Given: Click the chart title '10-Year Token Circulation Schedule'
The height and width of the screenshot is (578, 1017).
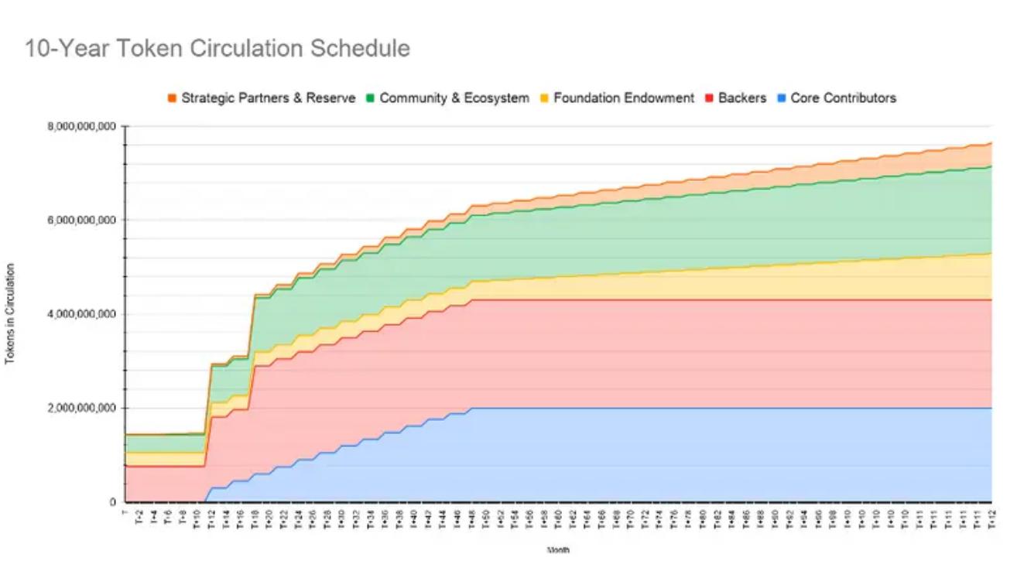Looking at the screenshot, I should click(217, 49).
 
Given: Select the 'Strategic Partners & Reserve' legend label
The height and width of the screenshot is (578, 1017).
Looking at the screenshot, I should click(268, 98).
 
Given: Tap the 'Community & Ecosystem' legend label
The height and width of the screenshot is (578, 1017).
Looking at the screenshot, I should click(454, 98).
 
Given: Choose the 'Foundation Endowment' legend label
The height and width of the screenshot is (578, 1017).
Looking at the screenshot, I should click(624, 98).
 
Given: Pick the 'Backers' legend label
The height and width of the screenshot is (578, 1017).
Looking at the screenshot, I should click(741, 98).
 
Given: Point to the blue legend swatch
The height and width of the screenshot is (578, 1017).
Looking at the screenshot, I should click(782, 98).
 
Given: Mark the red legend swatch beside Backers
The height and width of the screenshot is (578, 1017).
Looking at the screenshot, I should click(711, 98).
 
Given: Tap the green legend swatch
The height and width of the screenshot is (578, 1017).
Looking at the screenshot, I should click(371, 98).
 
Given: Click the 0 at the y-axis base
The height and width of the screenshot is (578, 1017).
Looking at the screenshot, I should click(112, 502).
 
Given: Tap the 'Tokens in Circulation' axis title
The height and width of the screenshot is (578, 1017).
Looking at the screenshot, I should click(10, 314).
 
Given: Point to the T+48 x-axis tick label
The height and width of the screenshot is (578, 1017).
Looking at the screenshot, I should click(472, 518).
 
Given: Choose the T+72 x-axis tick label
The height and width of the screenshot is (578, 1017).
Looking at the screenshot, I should click(645, 518).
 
